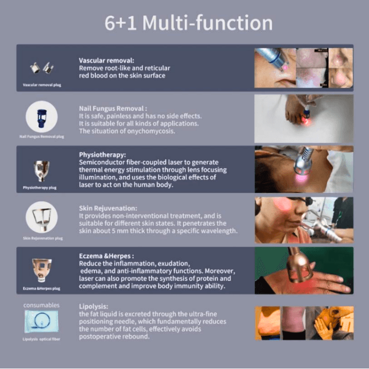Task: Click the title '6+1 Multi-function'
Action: click(189, 23)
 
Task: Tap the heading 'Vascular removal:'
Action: click(106, 61)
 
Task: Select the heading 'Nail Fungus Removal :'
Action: click(113, 109)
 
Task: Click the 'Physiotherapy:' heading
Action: click(102, 155)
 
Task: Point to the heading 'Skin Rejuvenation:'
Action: click(108, 208)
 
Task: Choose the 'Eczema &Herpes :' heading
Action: click(106, 256)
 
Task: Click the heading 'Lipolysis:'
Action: click(93, 306)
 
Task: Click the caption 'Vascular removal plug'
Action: click(42, 85)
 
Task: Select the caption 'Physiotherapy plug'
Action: click(40, 188)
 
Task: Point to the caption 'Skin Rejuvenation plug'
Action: click(43, 238)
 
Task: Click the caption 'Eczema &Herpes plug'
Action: click(42, 288)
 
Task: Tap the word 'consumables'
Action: click(42, 305)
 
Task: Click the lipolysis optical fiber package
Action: click(42, 322)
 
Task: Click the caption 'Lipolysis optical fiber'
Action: click(42, 339)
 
